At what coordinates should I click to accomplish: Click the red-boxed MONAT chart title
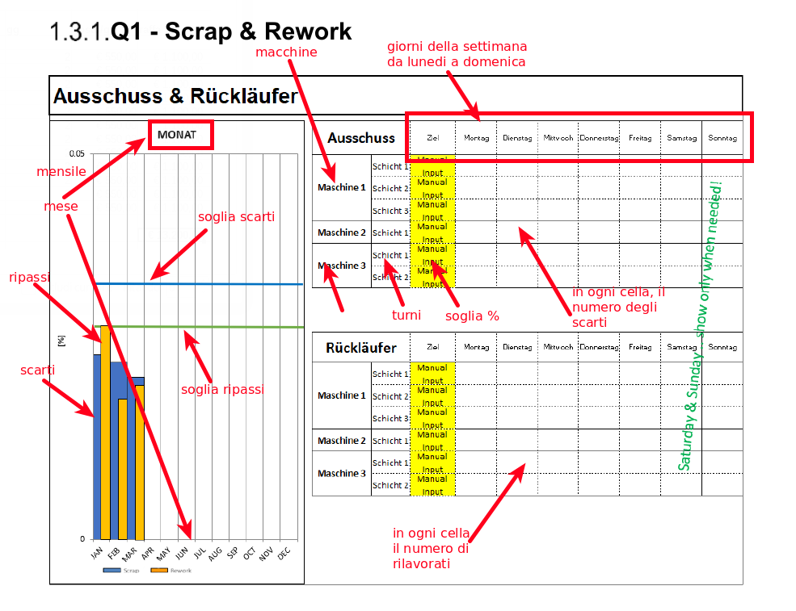179,135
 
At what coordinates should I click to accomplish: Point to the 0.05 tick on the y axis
77,153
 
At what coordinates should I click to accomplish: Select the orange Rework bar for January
105,432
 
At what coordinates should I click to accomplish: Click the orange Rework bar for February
123,468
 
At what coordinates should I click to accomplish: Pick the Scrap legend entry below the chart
121,571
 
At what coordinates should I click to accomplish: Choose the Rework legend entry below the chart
171,571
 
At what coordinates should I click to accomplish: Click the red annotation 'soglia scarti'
236,216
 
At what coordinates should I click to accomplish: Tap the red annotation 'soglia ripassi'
222,389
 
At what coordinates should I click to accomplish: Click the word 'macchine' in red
286,52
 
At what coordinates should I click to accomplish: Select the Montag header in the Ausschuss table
476,138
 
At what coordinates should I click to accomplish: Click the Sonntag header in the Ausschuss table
722,138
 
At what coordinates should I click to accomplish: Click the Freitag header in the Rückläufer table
640,347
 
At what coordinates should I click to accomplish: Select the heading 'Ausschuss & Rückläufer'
175,97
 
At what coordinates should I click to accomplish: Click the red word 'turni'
406,315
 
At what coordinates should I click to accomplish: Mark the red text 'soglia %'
472,316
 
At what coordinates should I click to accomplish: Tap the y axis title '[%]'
62,341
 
